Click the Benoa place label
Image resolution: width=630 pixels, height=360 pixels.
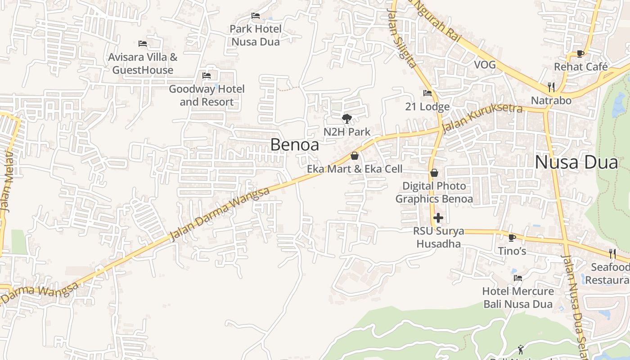295,145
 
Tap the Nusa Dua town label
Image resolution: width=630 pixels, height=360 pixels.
576,162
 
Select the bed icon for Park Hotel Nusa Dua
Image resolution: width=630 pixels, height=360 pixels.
256,16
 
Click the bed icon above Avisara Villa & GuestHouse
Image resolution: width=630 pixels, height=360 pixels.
143,44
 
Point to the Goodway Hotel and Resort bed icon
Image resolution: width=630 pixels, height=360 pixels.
207,76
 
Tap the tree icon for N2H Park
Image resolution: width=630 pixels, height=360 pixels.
347,119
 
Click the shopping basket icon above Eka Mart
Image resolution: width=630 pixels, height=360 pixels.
355,156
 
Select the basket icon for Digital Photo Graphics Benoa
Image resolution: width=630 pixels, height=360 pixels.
434,173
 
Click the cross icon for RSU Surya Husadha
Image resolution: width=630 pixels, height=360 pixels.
438,218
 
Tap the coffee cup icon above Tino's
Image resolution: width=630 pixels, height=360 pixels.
512,238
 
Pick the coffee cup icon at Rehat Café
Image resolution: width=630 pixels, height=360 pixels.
580,54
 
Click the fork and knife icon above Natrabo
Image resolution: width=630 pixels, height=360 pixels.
551,87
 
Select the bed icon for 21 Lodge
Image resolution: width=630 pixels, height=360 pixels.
427,94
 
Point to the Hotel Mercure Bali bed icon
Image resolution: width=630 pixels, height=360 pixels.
518,278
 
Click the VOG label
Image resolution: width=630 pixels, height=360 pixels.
485,65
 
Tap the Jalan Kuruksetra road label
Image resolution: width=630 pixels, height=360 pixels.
482,118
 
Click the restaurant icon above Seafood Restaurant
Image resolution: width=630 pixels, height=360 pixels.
612,253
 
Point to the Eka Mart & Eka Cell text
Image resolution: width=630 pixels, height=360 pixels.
355,169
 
